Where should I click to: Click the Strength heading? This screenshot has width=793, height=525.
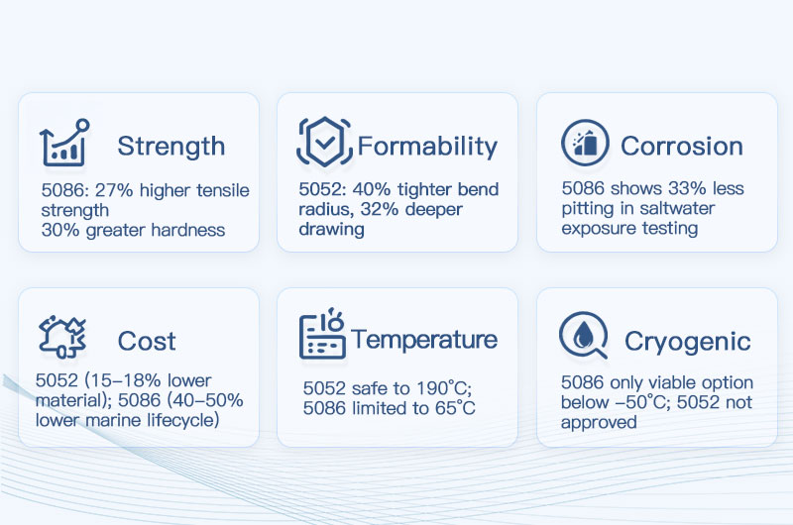click(x=170, y=147)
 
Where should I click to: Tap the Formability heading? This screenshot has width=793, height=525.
click(x=426, y=147)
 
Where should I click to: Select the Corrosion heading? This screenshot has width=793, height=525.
click(x=681, y=147)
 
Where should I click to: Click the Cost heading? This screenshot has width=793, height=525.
click(x=146, y=342)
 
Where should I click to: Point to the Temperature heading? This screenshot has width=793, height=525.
click(x=423, y=340)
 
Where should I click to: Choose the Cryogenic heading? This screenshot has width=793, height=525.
click(x=687, y=343)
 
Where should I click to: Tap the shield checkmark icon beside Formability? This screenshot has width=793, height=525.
click(x=324, y=143)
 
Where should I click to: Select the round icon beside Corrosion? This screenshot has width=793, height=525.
click(x=584, y=145)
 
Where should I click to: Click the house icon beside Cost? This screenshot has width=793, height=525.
click(x=64, y=336)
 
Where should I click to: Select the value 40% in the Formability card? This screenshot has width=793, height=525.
click(x=367, y=190)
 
